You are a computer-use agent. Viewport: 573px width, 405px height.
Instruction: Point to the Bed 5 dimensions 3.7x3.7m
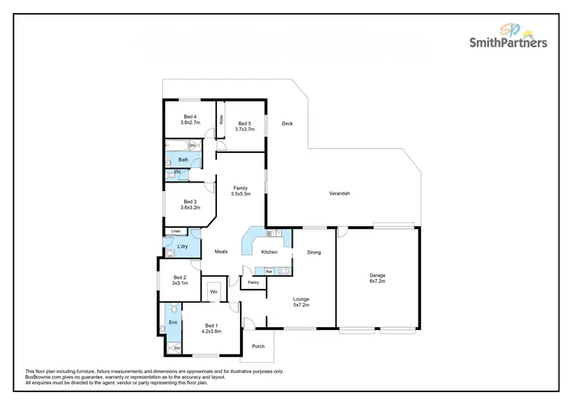coord(244,129)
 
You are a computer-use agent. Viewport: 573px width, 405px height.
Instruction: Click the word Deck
coord(287,124)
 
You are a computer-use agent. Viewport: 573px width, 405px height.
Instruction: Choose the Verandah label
coord(339,194)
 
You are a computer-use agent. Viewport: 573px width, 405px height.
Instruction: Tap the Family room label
coord(241,191)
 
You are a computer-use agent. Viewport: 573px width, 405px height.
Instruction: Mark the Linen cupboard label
coord(176,231)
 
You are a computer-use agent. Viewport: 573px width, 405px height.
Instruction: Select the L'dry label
coord(183,247)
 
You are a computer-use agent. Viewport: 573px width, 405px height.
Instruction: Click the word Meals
coord(221,251)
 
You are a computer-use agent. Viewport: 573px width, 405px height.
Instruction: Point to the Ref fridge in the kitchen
coord(269,271)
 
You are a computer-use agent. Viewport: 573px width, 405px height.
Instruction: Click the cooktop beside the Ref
coord(282,271)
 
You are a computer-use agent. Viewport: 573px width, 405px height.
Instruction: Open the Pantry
coord(253,283)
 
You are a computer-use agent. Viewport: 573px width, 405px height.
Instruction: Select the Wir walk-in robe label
coord(214,292)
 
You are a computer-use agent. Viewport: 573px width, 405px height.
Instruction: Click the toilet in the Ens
coord(175,309)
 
